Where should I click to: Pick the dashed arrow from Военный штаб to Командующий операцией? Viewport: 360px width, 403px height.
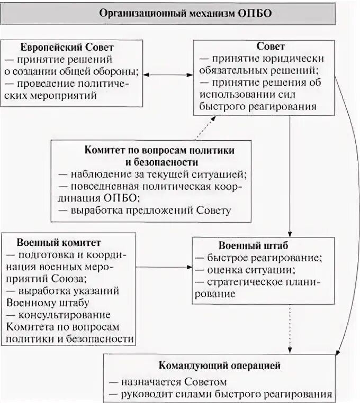pos(290,328)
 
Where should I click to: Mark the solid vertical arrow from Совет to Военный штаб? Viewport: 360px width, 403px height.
pos(290,175)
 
